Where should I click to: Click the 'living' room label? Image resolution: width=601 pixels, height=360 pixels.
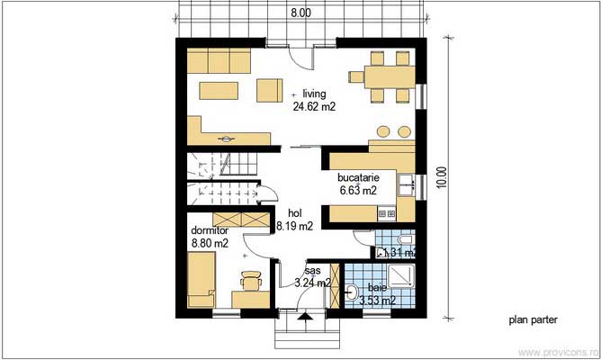314,93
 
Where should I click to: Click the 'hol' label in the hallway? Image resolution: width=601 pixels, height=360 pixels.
294,213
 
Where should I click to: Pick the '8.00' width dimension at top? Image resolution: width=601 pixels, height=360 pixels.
300,13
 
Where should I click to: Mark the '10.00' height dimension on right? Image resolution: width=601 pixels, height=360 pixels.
441,179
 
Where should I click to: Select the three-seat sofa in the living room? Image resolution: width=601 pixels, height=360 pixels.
220,62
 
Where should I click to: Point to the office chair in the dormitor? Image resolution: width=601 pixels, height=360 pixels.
249,281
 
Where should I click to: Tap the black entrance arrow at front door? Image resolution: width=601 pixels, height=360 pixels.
305,316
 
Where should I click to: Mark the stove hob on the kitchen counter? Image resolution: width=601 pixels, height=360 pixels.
386,213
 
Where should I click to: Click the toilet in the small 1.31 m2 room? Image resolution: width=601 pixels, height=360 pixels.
404,241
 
